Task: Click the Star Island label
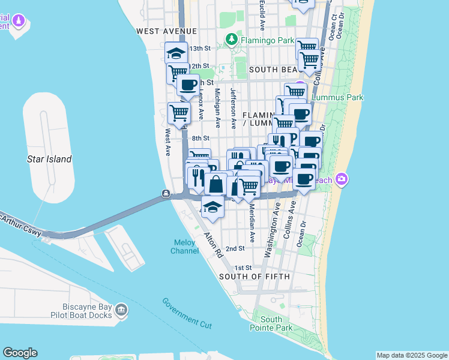point(49,159)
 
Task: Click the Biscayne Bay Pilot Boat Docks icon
point(121,310)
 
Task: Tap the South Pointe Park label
point(271,324)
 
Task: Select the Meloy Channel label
point(184,246)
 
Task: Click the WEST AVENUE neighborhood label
point(166,31)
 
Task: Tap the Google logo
point(20,353)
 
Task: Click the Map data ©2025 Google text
point(412,355)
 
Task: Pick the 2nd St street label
point(235,248)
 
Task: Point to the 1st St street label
point(242,268)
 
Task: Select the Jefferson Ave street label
point(233,108)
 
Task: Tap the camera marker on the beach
point(342,179)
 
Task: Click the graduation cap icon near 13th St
point(175,53)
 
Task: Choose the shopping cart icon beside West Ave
point(178,112)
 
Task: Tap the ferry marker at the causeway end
point(166,193)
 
